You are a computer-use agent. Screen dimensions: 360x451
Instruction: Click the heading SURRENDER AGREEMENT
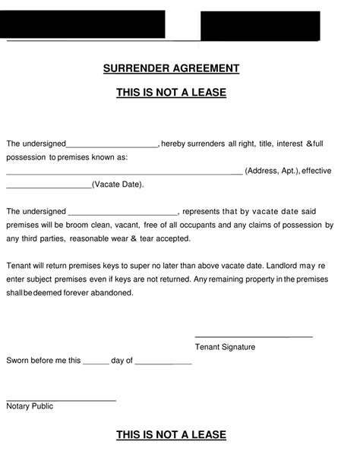pos(171,68)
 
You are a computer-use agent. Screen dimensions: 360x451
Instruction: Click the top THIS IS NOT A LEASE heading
pos(171,93)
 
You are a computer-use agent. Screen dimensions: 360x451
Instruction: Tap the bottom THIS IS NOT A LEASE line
pos(171,435)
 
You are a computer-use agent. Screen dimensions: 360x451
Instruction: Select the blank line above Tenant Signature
pos(254,336)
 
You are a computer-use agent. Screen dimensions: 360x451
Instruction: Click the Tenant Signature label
pos(225,347)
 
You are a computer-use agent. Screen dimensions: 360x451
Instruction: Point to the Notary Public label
pos(30,406)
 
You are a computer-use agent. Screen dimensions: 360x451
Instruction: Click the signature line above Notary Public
pos(61,399)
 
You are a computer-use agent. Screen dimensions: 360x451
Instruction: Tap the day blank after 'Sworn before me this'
pos(96,363)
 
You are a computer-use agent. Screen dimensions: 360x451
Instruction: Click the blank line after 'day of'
pos(163,363)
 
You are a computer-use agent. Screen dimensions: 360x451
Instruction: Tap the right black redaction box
pos(260,26)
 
